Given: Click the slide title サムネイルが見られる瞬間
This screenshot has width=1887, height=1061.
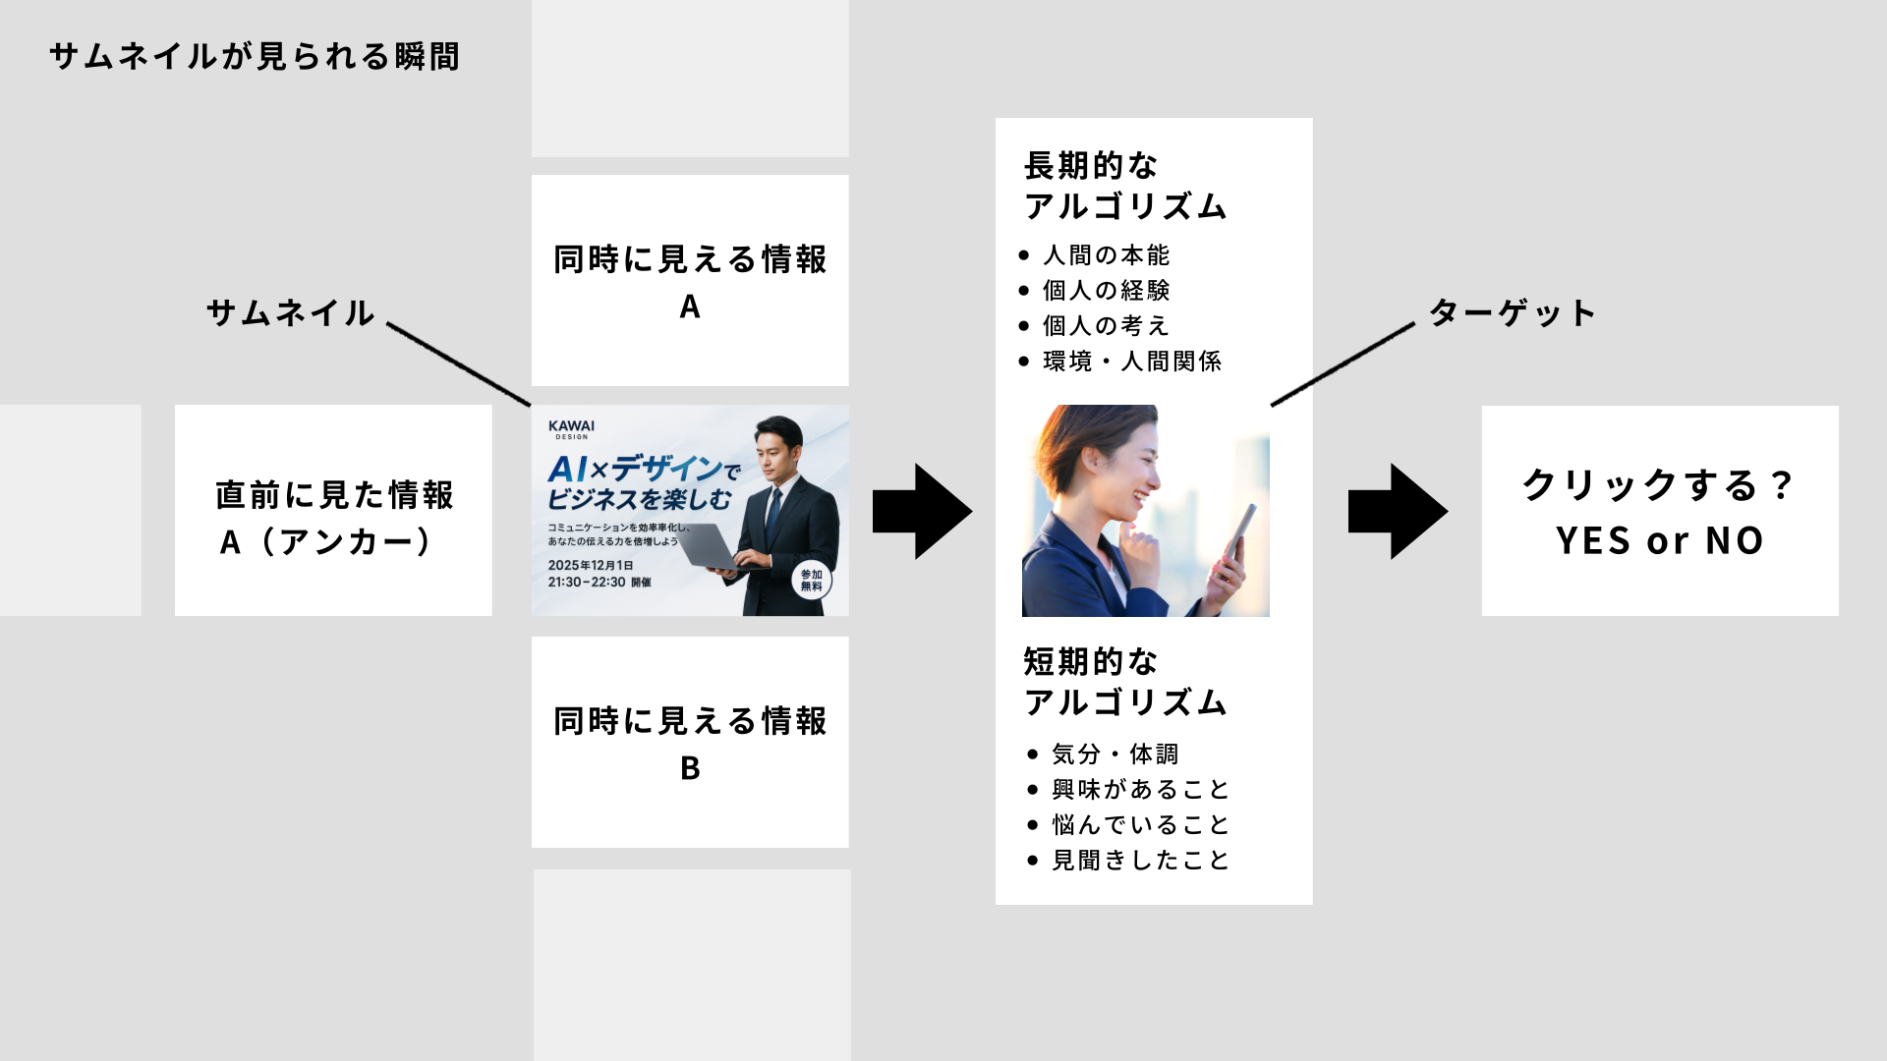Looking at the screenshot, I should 255,57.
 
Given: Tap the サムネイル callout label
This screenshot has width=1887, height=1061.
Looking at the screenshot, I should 290,313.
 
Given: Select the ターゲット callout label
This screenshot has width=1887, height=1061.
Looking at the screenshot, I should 1512,313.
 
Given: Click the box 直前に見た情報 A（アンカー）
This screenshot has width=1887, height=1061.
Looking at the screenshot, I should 333,511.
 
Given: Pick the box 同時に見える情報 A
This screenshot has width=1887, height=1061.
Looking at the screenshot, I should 690,281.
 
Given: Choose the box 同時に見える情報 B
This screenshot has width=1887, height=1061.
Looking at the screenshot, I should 690,743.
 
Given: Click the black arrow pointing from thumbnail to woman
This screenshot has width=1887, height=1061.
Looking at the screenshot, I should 921,512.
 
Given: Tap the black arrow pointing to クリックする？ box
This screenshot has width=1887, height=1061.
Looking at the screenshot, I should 1397,512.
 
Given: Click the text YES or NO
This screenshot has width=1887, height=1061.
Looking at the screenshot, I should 1660,541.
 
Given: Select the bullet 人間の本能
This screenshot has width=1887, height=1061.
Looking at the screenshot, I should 1106,255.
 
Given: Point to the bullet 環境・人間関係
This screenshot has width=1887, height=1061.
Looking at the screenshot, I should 1131,362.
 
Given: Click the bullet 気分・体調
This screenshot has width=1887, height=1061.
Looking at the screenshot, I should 1115,754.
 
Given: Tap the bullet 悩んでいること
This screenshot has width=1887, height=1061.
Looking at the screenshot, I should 1140,825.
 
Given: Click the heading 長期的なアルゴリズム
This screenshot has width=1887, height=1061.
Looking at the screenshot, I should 1125,186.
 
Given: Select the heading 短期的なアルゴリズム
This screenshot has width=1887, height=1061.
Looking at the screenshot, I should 1125,682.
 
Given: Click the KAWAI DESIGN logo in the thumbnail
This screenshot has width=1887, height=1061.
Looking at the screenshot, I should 571,429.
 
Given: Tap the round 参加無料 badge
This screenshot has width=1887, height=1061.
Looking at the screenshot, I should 812,581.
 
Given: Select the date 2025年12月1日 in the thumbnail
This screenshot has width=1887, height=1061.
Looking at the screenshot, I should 591,565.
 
